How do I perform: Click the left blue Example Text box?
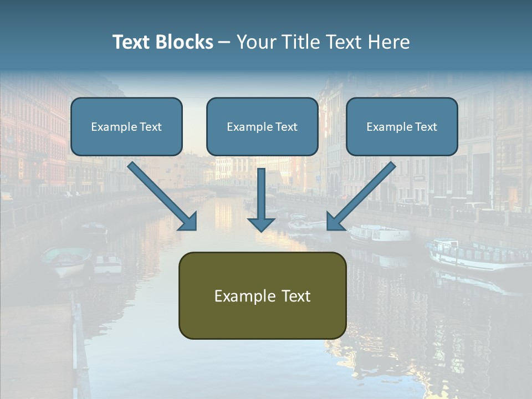126,127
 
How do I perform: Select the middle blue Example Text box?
262,127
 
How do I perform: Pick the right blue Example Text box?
402,127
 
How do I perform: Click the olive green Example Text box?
262,295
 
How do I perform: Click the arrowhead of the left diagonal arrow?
188,222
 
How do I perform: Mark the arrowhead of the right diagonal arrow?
336,222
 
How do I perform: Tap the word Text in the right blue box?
426,127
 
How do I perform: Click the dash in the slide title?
224,43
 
